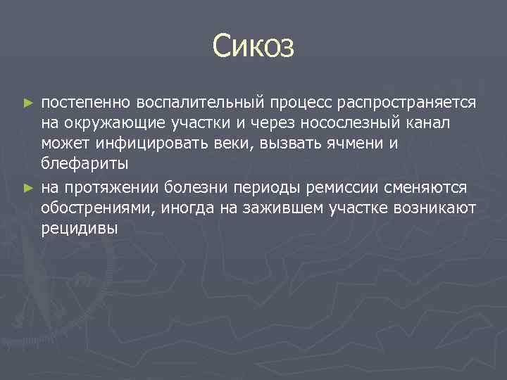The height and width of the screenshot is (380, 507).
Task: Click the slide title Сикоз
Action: (254, 47)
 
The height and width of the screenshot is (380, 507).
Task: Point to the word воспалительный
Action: (198, 103)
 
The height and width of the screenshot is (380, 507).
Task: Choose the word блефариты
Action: (84, 166)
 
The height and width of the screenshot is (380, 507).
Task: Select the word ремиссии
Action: (337, 188)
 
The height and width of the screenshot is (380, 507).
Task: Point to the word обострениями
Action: (99, 208)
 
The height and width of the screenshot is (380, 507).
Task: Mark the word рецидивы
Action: (80, 229)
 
